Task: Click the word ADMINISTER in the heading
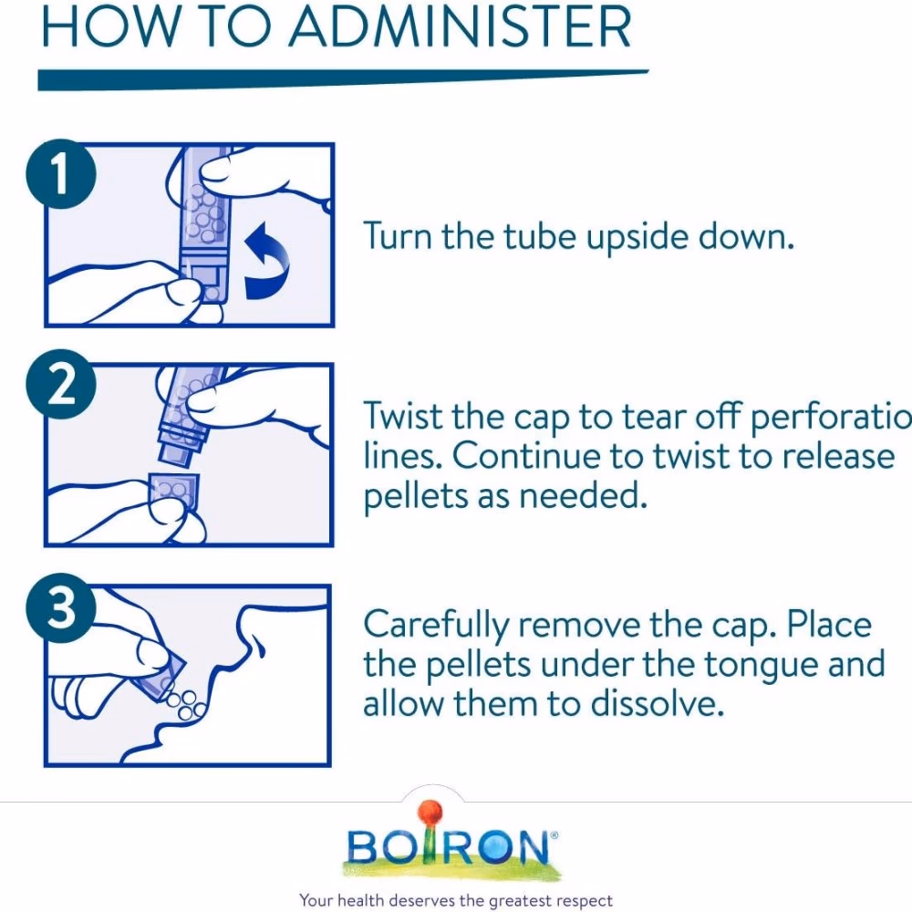coord(460,26)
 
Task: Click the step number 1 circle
coord(61,173)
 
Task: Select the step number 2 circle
coord(61,384)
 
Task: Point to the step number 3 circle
coord(61,608)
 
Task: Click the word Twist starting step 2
coord(402,417)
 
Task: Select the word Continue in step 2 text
coord(527,457)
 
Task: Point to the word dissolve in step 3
coord(658,704)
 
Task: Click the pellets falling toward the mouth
coord(185,704)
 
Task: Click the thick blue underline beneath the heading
coord(343,80)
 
